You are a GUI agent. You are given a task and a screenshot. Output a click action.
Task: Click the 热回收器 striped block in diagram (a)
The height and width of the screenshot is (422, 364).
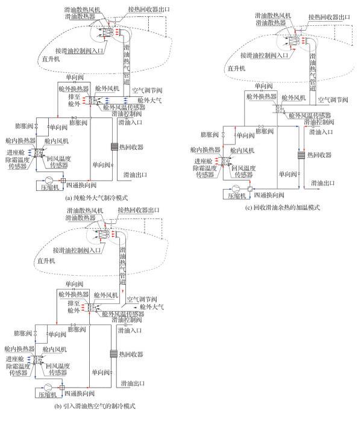114,145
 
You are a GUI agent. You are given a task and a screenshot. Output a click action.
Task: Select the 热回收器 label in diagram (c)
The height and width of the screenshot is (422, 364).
320,155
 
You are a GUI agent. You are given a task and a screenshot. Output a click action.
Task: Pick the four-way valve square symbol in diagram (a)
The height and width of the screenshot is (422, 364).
62,180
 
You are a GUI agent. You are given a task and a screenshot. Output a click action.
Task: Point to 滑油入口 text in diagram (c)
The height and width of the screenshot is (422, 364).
323,131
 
